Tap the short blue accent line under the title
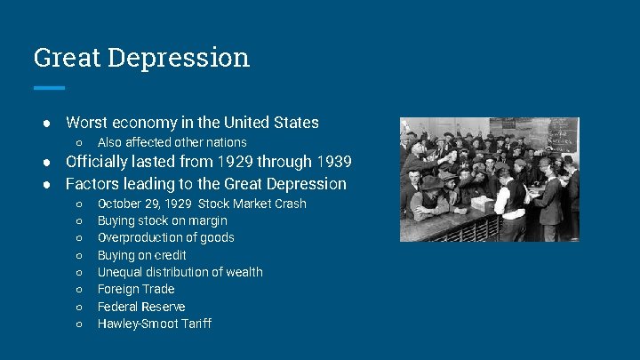pyautogui.click(x=49, y=87)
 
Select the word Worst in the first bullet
pyautogui.click(x=87, y=123)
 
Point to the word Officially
pyautogui.click(x=102, y=162)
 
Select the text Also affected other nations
pyautogui.click(x=172, y=142)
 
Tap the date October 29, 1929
pyautogui.click(x=145, y=204)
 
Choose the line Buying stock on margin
pyautogui.click(x=162, y=220)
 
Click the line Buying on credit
pyautogui.click(x=141, y=255)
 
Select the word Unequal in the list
pyautogui.click(x=120, y=272)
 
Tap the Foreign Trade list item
pyautogui.click(x=136, y=289)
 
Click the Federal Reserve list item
pyautogui.click(x=141, y=307)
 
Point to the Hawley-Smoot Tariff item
pyautogui.click(x=154, y=324)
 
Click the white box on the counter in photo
pyautogui.click(x=482, y=203)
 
